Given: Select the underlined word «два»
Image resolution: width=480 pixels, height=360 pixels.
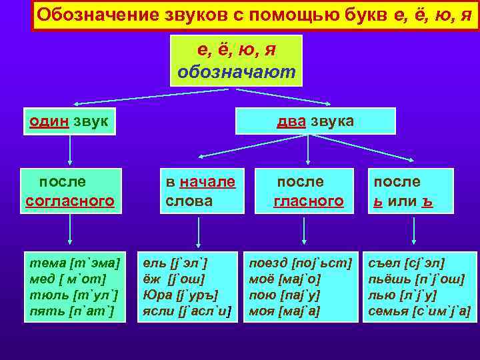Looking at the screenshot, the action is (292, 121).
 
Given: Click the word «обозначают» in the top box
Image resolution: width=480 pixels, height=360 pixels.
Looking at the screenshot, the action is (236, 71).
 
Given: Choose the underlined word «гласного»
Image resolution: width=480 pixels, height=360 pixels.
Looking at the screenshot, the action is (309, 201).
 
